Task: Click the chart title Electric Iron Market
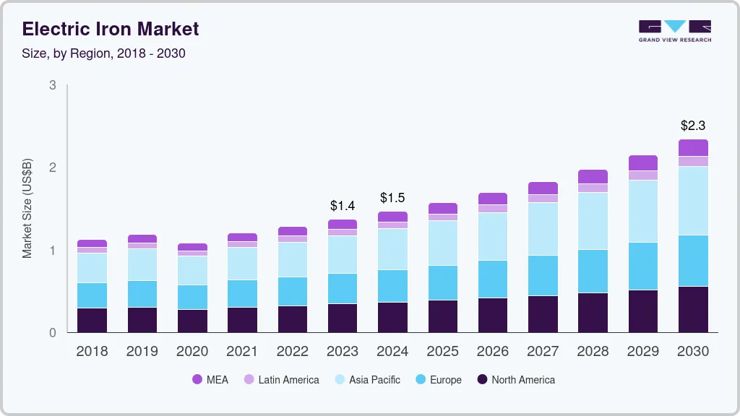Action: pyautogui.click(x=111, y=29)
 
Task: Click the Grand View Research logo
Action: pyautogui.click(x=675, y=31)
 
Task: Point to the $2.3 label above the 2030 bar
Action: pyautogui.click(x=692, y=125)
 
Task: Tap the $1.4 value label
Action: pyautogui.click(x=343, y=206)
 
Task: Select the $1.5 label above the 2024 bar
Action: pyautogui.click(x=393, y=198)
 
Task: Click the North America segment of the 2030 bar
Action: pyautogui.click(x=693, y=309)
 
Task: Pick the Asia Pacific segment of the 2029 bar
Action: pyautogui.click(x=643, y=211)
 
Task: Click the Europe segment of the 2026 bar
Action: pyautogui.click(x=493, y=279)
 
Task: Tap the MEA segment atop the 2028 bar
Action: pyautogui.click(x=593, y=176)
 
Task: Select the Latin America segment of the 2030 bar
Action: pyautogui.click(x=693, y=161)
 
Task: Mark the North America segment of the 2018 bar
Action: pyautogui.click(x=92, y=320)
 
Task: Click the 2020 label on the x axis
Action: pyautogui.click(x=192, y=352)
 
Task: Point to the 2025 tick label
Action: pyautogui.click(x=443, y=352)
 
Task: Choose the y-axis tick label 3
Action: pyautogui.click(x=53, y=85)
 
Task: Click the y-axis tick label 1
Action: pyautogui.click(x=53, y=251)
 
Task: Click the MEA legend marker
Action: pyautogui.click(x=197, y=380)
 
